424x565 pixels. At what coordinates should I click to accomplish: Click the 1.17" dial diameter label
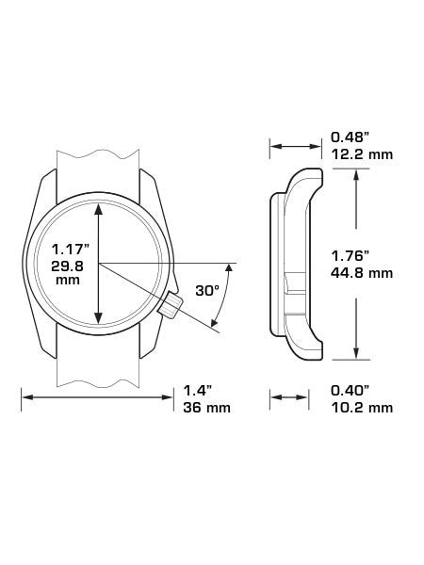[x=71, y=249]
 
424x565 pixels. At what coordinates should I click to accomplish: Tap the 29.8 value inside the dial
[x=68, y=266]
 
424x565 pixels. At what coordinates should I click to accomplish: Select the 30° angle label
[x=207, y=290]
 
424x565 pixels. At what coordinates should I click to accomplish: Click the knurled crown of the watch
[x=171, y=305]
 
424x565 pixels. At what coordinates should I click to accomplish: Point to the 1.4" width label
[x=197, y=390]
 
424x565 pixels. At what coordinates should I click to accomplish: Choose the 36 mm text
[x=206, y=408]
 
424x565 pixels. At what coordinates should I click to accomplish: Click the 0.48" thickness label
[x=351, y=137]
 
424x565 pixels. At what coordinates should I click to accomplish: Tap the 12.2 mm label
[x=362, y=154]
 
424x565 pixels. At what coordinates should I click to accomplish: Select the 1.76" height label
[x=351, y=256]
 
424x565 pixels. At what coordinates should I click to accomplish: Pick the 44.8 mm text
[x=362, y=273]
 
